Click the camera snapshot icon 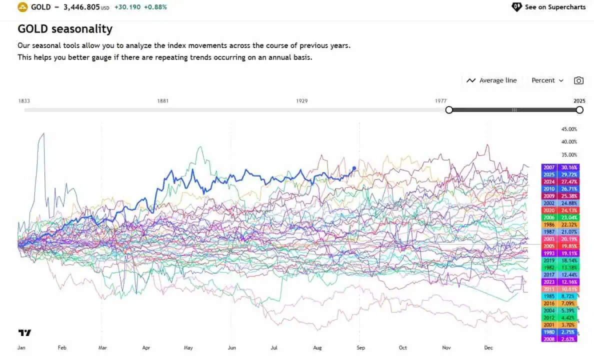[x=578, y=80]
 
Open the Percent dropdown [x=547, y=80]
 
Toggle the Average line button [x=491, y=80]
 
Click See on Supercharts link [x=548, y=7]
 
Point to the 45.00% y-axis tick [x=569, y=129]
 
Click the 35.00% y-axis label [x=569, y=155]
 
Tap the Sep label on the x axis [x=361, y=347]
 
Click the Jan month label [x=22, y=347]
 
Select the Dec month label [x=488, y=347]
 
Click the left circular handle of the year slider [x=449, y=110]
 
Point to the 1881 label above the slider [x=162, y=101]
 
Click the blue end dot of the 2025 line [x=354, y=168]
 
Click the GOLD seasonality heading [x=65, y=29]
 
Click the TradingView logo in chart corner [x=24, y=332]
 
